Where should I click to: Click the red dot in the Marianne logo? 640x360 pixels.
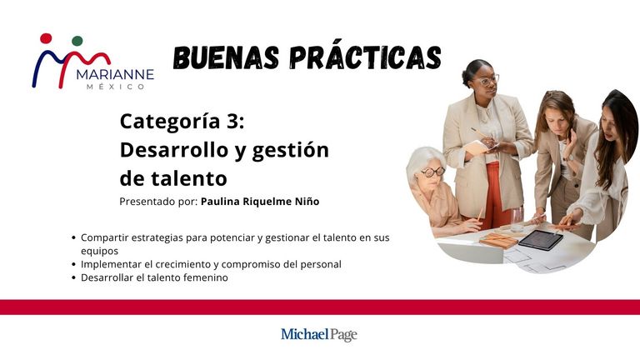[x=46, y=38]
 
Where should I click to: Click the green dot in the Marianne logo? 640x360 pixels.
[x=77, y=41]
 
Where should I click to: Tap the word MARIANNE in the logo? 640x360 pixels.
[x=115, y=74]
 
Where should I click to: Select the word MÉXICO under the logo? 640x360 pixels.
[x=116, y=87]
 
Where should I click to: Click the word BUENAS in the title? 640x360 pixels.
[x=227, y=57]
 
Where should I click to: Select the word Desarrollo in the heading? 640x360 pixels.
[x=174, y=150]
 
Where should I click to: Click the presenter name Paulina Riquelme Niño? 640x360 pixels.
[x=260, y=202]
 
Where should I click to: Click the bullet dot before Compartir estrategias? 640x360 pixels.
[x=73, y=237]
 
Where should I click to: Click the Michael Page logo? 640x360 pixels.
[x=319, y=335]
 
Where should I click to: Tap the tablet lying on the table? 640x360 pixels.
[x=541, y=239]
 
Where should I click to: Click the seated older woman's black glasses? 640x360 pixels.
[x=433, y=172]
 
